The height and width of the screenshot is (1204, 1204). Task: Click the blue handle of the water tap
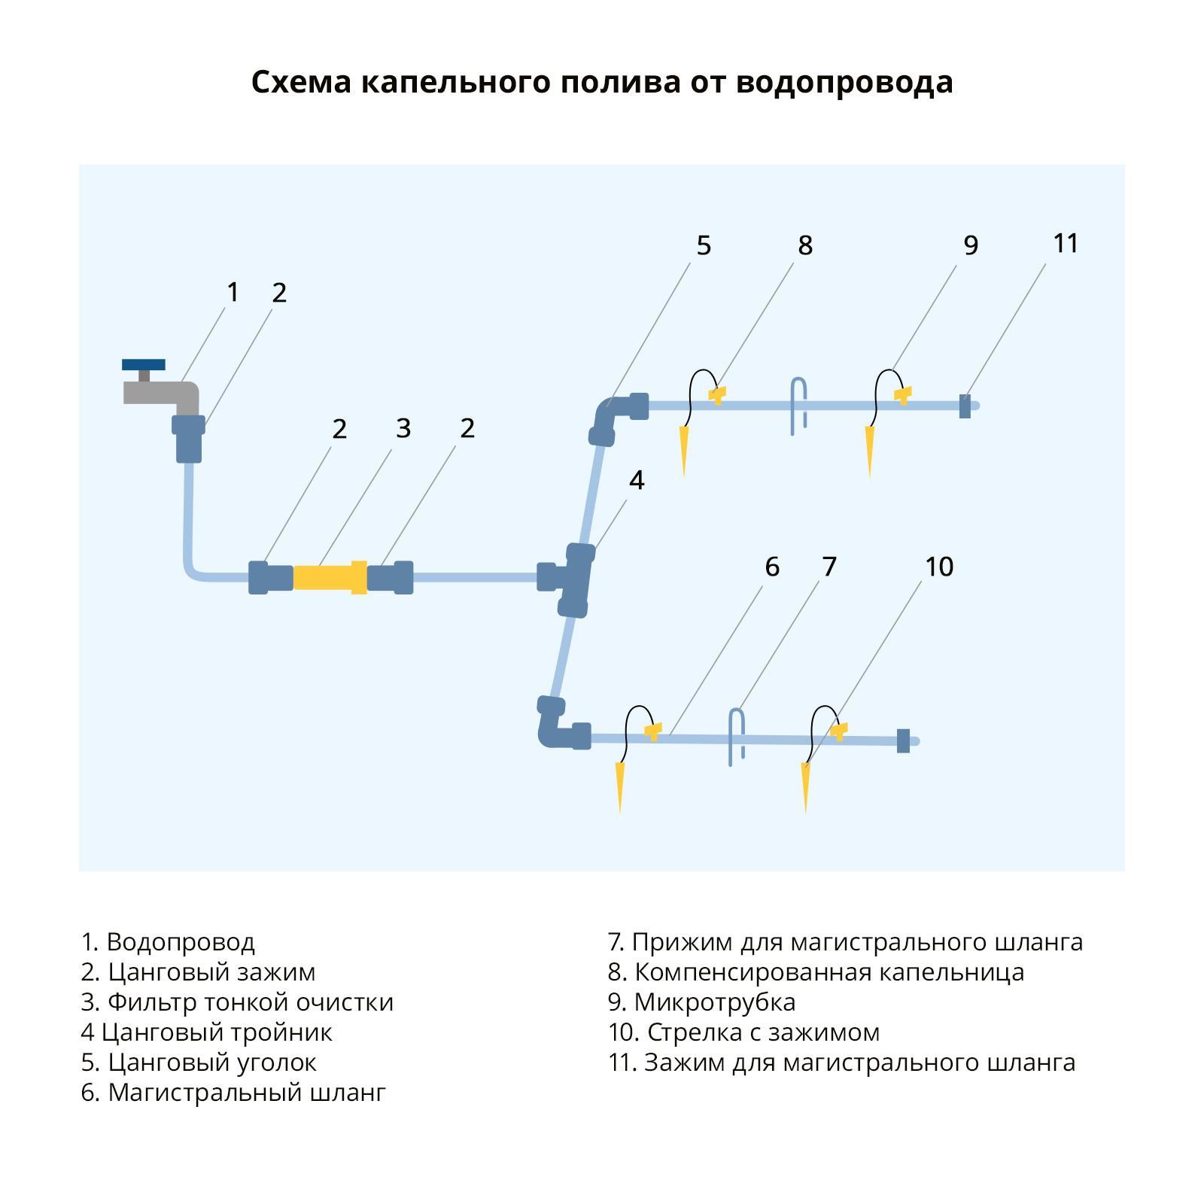tap(143, 365)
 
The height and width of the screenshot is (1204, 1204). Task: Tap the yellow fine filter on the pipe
tap(330, 577)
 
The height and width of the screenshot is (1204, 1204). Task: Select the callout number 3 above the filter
tap(403, 428)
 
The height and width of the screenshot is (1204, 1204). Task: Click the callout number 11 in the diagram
tap(1066, 243)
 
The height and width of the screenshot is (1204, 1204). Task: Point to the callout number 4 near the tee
tap(637, 480)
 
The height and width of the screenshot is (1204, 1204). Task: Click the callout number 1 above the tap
tap(233, 292)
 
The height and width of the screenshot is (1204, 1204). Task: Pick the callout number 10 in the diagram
tap(938, 566)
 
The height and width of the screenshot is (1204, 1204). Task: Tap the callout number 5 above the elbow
tap(704, 245)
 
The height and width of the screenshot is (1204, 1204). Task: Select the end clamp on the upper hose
tap(965, 406)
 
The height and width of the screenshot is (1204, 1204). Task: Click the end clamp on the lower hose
tap(903, 740)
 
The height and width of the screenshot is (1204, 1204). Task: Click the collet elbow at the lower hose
tap(558, 725)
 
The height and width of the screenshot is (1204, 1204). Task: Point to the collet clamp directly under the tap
tap(188, 436)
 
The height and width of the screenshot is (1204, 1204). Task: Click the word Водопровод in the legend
tap(181, 942)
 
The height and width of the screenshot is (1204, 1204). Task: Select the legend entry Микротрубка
tap(714, 1002)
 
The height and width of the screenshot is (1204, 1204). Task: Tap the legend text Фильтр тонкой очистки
tap(250, 1002)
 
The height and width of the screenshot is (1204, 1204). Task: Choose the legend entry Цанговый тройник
tap(217, 1032)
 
